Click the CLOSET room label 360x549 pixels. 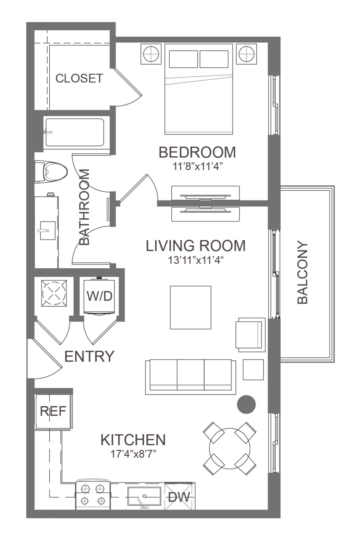(x=79, y=78)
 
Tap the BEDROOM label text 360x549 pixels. (x=197, y=152)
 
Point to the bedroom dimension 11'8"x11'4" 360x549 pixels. (x=198, y=167)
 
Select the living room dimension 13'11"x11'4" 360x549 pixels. (x=196, y=260)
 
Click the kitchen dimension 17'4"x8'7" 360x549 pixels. (x=133, y=454)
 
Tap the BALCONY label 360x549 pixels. (x=302, y=272)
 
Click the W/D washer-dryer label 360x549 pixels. (x=99, y=296)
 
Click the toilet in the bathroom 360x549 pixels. (x=51, y=172)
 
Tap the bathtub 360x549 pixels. (x=75, y=132)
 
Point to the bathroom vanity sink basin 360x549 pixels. (x=48, y=231)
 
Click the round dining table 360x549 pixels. (x=230, y=448)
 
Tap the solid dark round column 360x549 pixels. (x=246, y=405)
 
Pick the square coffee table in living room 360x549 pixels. (x=191, y=307)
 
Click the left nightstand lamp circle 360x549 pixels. (x=151, y=54)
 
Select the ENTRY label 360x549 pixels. (x=89, y=356)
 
